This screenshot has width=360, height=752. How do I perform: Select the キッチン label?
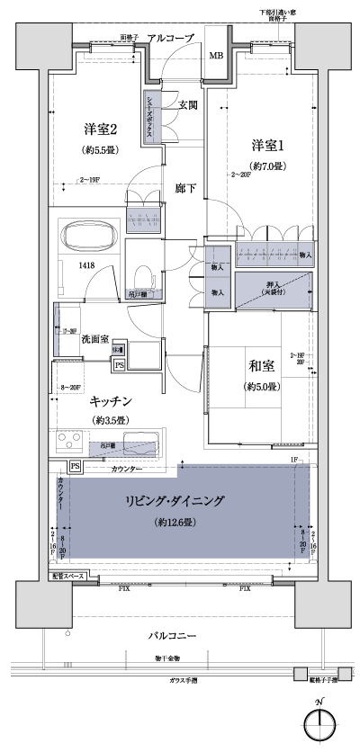(111, 401)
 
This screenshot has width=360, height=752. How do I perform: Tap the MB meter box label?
(216, 56)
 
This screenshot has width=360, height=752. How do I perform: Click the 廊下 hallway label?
(186, 188)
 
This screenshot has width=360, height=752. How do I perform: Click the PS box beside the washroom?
(119, 365)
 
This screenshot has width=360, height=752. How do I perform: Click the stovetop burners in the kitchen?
(69, 443)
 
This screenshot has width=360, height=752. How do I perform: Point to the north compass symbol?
(323, 723)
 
